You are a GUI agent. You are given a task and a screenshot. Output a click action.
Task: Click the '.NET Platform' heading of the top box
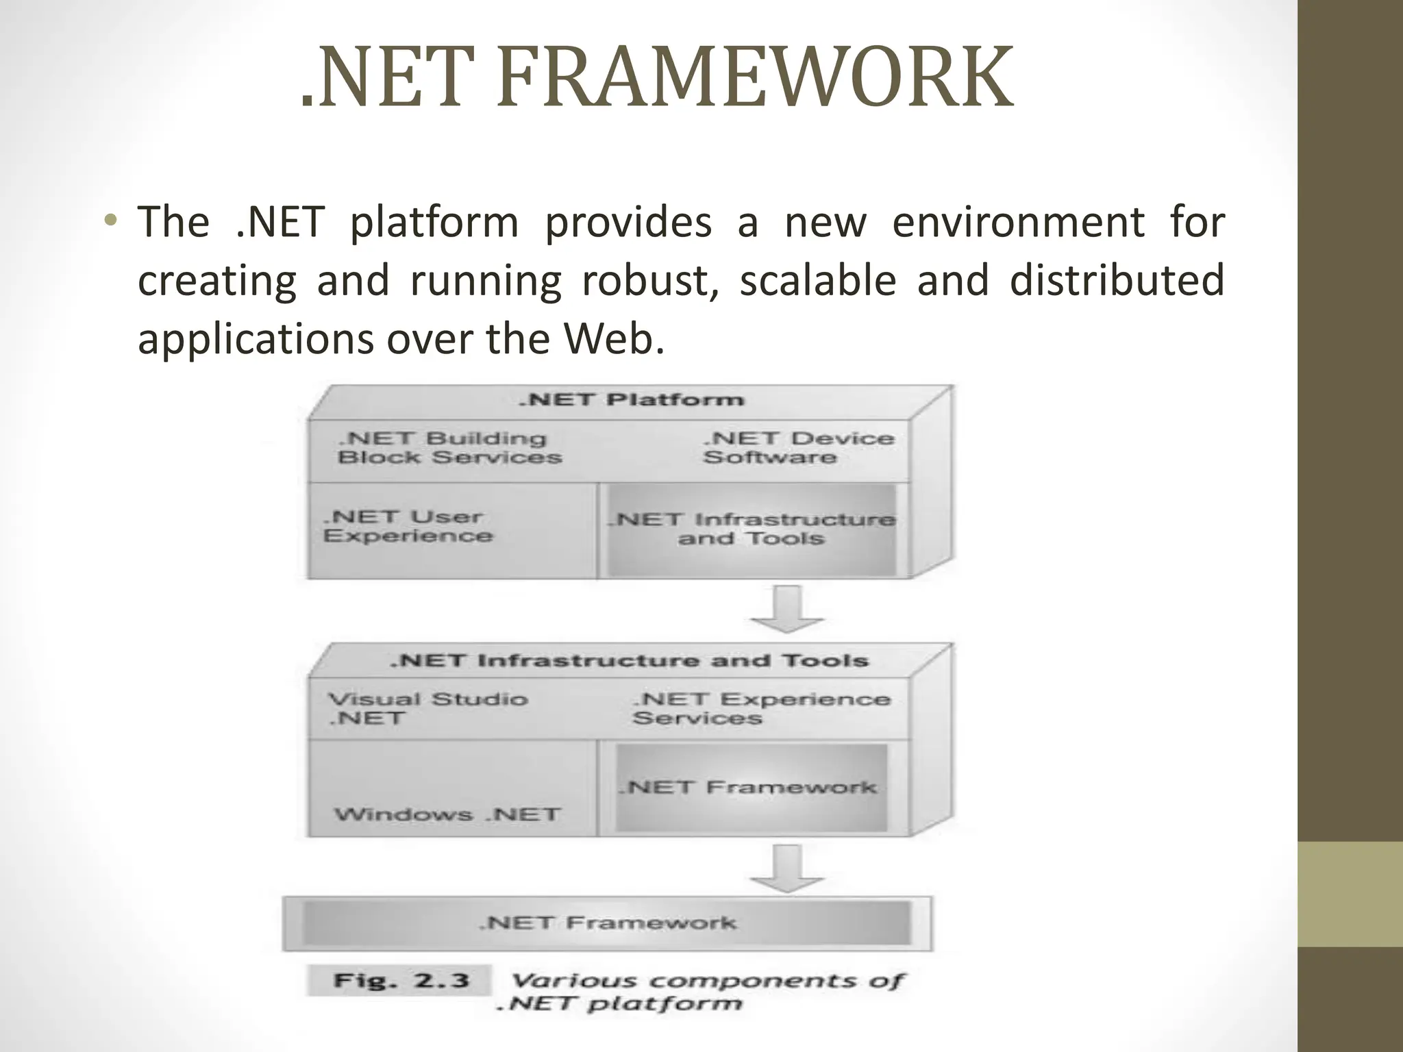tap(631, 400)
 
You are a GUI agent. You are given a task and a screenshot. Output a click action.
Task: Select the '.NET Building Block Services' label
tap(449, 448)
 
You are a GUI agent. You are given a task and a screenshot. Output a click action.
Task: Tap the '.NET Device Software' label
tap(798, 448)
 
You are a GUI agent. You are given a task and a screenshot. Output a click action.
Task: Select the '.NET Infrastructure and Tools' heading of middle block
tap(629, 661)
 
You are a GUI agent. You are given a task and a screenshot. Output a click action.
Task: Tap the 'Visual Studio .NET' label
tap(427, 708)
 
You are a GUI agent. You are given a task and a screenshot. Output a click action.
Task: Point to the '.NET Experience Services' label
tap(760, 708)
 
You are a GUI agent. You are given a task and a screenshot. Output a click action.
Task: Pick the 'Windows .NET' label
tap(447, 814)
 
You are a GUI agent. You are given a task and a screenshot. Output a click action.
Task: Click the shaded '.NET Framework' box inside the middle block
tap(751, 788)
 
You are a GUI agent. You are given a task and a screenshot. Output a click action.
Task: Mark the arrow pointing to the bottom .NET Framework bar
tap(786, 868)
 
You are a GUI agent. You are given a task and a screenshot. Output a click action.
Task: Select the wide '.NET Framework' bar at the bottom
tap(607, 923)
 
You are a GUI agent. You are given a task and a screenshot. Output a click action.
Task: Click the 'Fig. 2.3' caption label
tap(401, 980)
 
